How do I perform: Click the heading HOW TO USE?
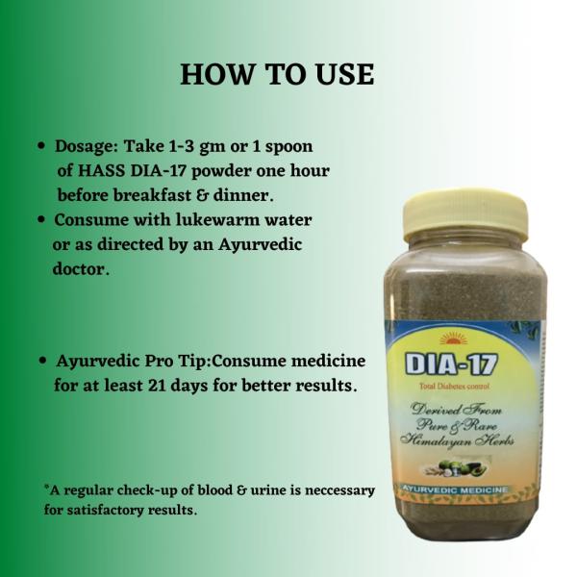(x=277, y=75)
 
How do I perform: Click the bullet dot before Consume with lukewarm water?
(x=42, y=220)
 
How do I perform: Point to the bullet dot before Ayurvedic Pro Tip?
(x=42, y=362)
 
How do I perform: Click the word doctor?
(x=81, y=269)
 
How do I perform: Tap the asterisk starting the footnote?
(x=46, y=488)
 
